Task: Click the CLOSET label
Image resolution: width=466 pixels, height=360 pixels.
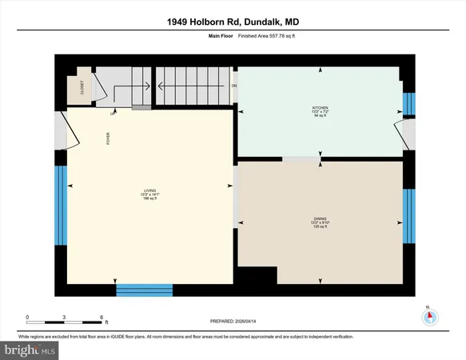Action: click(82, 89)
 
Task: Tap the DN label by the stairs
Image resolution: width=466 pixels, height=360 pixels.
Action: click(234, 85)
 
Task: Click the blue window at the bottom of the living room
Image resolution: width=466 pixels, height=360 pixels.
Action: click(145, 289)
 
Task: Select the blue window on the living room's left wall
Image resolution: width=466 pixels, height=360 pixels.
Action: click(60, 200)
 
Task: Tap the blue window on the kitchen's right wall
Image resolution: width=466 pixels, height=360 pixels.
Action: click(409, 104)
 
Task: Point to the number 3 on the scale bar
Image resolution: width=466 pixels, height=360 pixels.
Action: click(65, 318)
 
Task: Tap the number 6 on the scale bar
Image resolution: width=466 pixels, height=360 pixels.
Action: click(102, 318)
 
